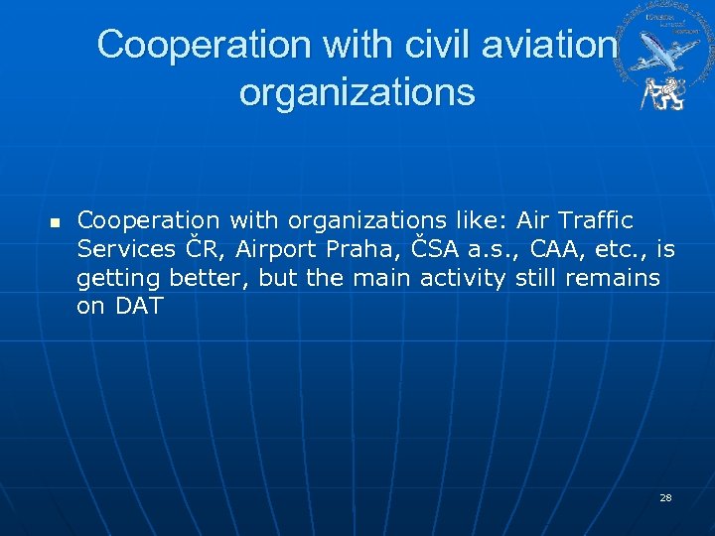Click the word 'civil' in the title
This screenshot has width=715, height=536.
click(x=422, y=45)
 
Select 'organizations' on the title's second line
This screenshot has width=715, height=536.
click(x=357, y=92)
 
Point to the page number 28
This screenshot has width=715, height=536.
click(x=665, y=497)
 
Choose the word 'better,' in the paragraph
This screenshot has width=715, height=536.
click(x=210, y=277)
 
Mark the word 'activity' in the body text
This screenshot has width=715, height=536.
click(x=463, y=277)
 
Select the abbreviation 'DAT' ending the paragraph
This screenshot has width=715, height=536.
click(x=139, y=307)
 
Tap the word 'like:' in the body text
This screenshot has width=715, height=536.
click(x=481, y=218)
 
